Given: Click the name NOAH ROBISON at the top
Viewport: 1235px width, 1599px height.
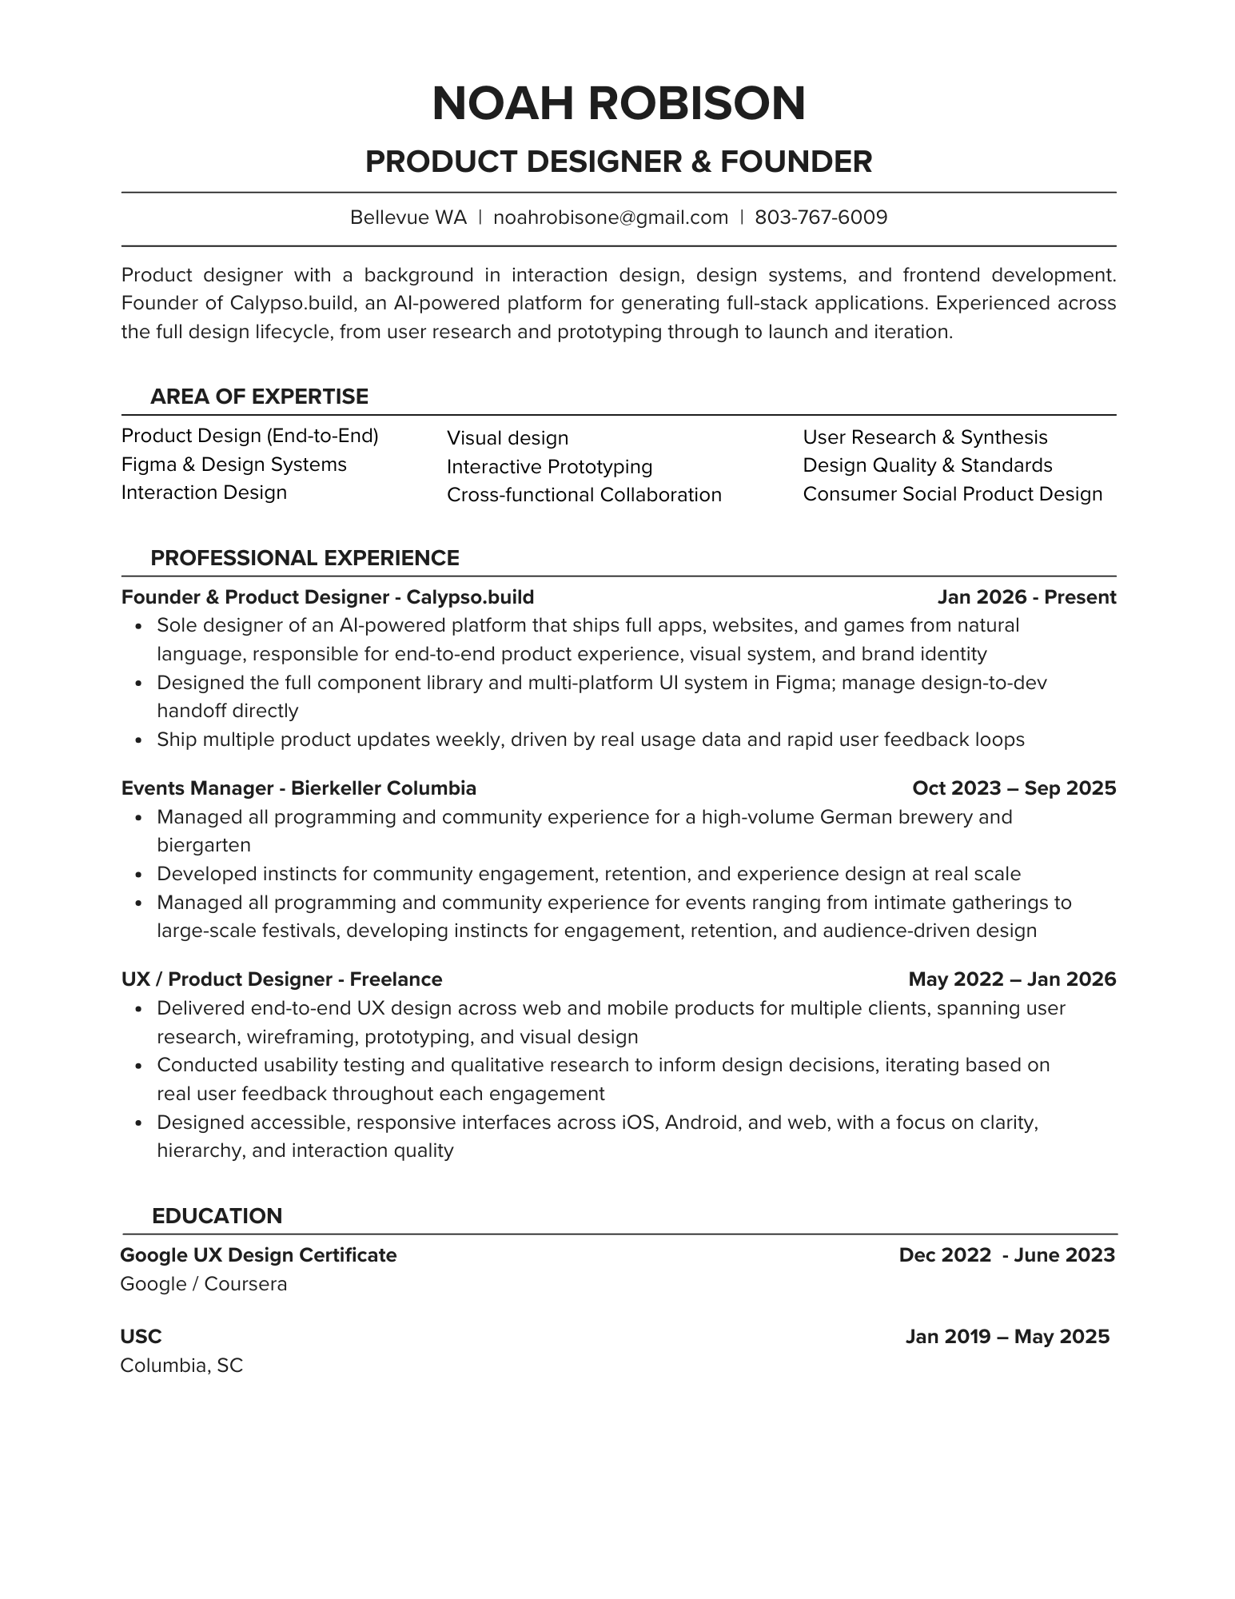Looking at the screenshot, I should pyautogui.click(x=618, y=103).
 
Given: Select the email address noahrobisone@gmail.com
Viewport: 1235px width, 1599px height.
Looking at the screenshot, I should pyautogui.click(x=611, y=217).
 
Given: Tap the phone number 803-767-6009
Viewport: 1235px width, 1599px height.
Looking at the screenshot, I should pyautogui.click(x=821, y=217).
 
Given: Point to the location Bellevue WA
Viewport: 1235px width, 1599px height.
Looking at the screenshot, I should pyautogui.click(x=408, y=217).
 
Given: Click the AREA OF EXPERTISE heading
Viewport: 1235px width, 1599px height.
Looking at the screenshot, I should pyautogui.click(x=259, y=397).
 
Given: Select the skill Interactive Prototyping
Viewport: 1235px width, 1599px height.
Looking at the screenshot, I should pyautogui.click(x=549, y=467).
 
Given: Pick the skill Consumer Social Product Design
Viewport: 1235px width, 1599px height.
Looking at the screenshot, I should pyautogui.click(x=952, y=494).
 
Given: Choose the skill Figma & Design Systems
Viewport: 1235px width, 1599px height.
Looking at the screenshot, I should pyautogui.click(x=233, y=465).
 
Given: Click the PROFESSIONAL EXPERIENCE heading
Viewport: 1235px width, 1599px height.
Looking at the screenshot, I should pyautogui.click(x=305, y=558).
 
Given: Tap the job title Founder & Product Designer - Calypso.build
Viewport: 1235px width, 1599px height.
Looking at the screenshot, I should pyautogui.click(x=328, y=597).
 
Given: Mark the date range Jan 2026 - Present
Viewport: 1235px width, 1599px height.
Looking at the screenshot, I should pyautogui.click(x=1026, y=597).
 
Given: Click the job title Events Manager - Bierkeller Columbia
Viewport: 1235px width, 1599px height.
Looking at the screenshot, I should pyautogui.click(x=298, y=788).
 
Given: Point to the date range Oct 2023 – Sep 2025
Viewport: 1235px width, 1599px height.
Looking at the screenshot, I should pyautogui.click(x=1014, y=788).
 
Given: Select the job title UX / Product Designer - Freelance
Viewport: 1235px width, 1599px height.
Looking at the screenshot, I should pyautogui.click(x=281, y=979).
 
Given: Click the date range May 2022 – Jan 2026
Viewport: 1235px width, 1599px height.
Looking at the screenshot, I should pyautogui.click(x=1012, y=979).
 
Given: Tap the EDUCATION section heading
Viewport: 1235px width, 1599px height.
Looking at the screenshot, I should pyautogui.click(x=217, y=1216).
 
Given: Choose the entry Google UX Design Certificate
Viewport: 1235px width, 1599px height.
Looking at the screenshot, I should pyautogui.click(x=258, y=1255).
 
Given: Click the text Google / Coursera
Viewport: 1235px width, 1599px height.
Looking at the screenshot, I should pyautogui.click(x=203, y=1284).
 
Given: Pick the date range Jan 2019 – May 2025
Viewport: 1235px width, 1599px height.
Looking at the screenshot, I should pyautogui.click(x=1007, y=1337).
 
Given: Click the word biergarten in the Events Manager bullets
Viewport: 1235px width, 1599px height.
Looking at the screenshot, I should pyautogui.click(x=204, y=845).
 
